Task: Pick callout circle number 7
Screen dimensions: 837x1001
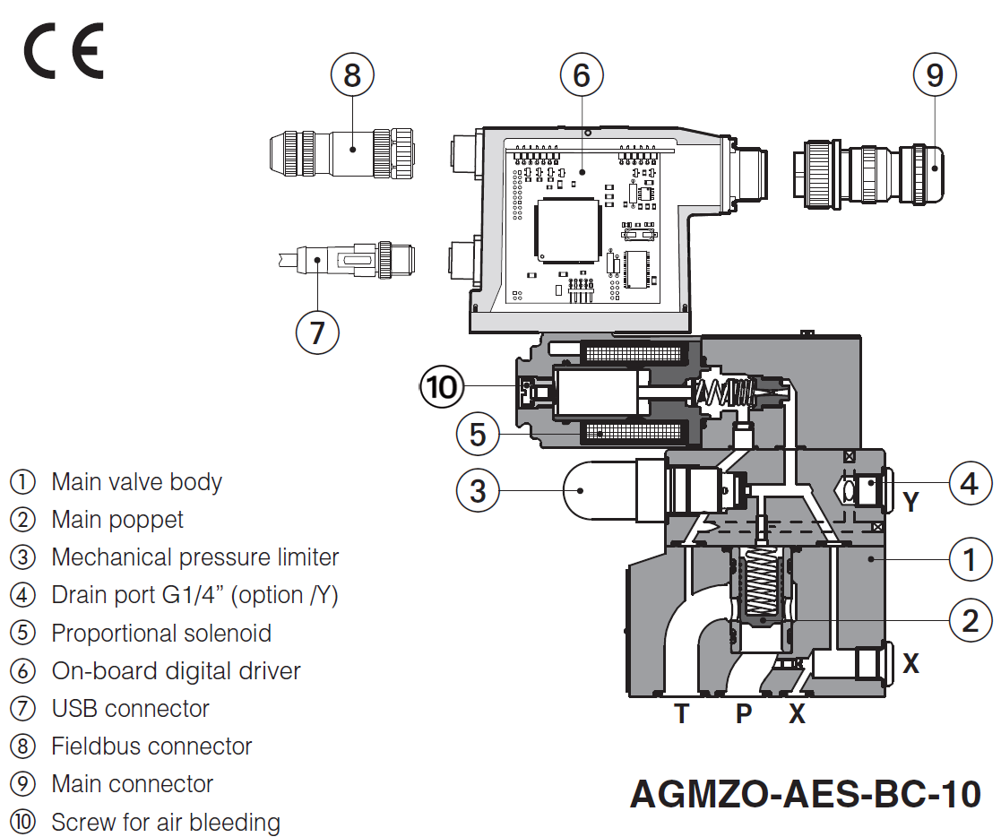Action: coord(317,332)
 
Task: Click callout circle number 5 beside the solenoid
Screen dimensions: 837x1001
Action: coord(478,435)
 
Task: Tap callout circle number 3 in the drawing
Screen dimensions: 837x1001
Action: coord(478,490)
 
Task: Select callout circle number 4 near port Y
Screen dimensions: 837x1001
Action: coord(970,485)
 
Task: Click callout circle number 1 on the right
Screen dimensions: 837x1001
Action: coord(970,561)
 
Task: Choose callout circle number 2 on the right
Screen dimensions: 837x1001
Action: coord(970,620)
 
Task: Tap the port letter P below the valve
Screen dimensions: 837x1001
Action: coord(744,714)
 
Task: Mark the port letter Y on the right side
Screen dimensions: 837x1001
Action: coord(911,503)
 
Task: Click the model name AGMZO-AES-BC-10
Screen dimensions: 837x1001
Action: coord(805,794)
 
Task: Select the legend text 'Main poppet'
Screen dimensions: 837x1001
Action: coord(117,520)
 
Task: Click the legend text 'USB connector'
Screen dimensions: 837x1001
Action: coord(130,709)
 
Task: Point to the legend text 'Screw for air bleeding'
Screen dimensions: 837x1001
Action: coord(166,823)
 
